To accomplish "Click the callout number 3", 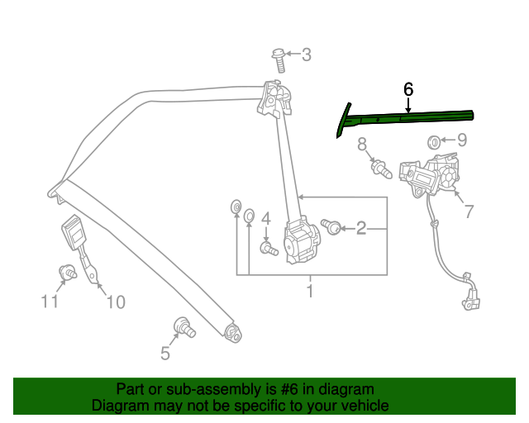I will tap(306, 55).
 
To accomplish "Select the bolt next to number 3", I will tap(279, 59).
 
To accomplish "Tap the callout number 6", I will tap(407, 88).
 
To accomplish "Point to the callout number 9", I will tap(462, 140).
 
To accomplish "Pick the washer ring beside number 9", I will tap(434, 142).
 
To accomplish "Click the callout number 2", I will tap(360, 228).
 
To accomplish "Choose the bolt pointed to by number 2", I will tap(331, 226).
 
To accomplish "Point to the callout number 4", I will tap(266, 218).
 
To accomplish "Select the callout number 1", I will tap(310, 291).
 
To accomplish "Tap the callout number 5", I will tap(165, 354).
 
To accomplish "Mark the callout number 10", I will tap(115, 302).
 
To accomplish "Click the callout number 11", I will tap(50, 302).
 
